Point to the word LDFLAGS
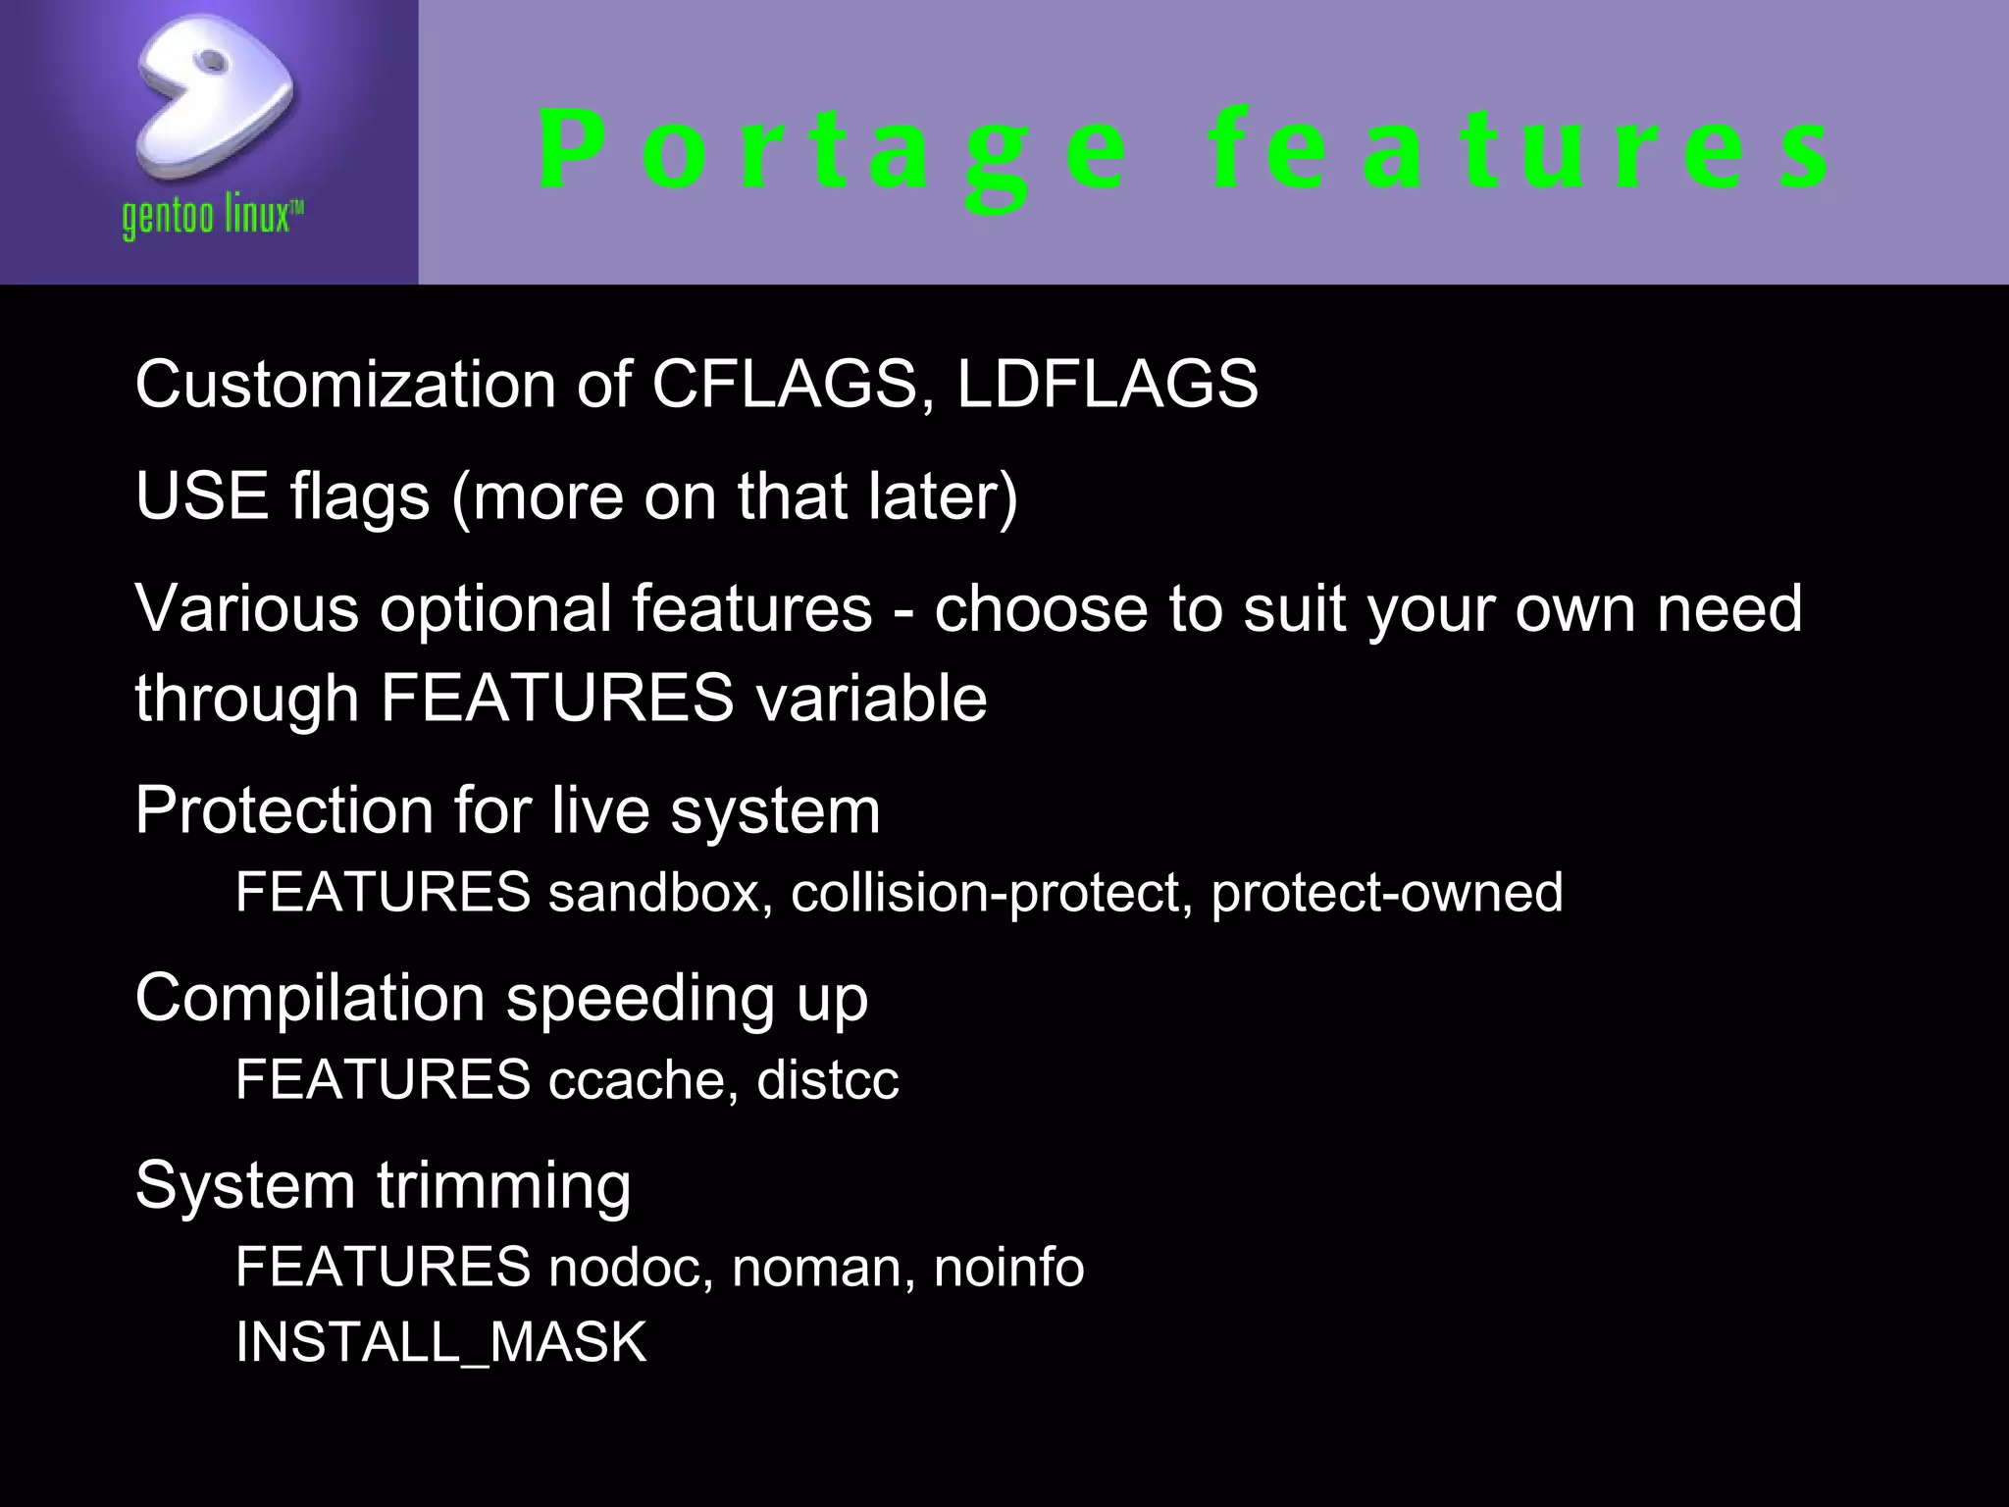click(1107, 384)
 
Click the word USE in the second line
click(202, 495)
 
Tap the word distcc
click(827, 1080)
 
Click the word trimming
click(504, 1185)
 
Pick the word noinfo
click(1008, 1268)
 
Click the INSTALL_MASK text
click(441, 1342)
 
